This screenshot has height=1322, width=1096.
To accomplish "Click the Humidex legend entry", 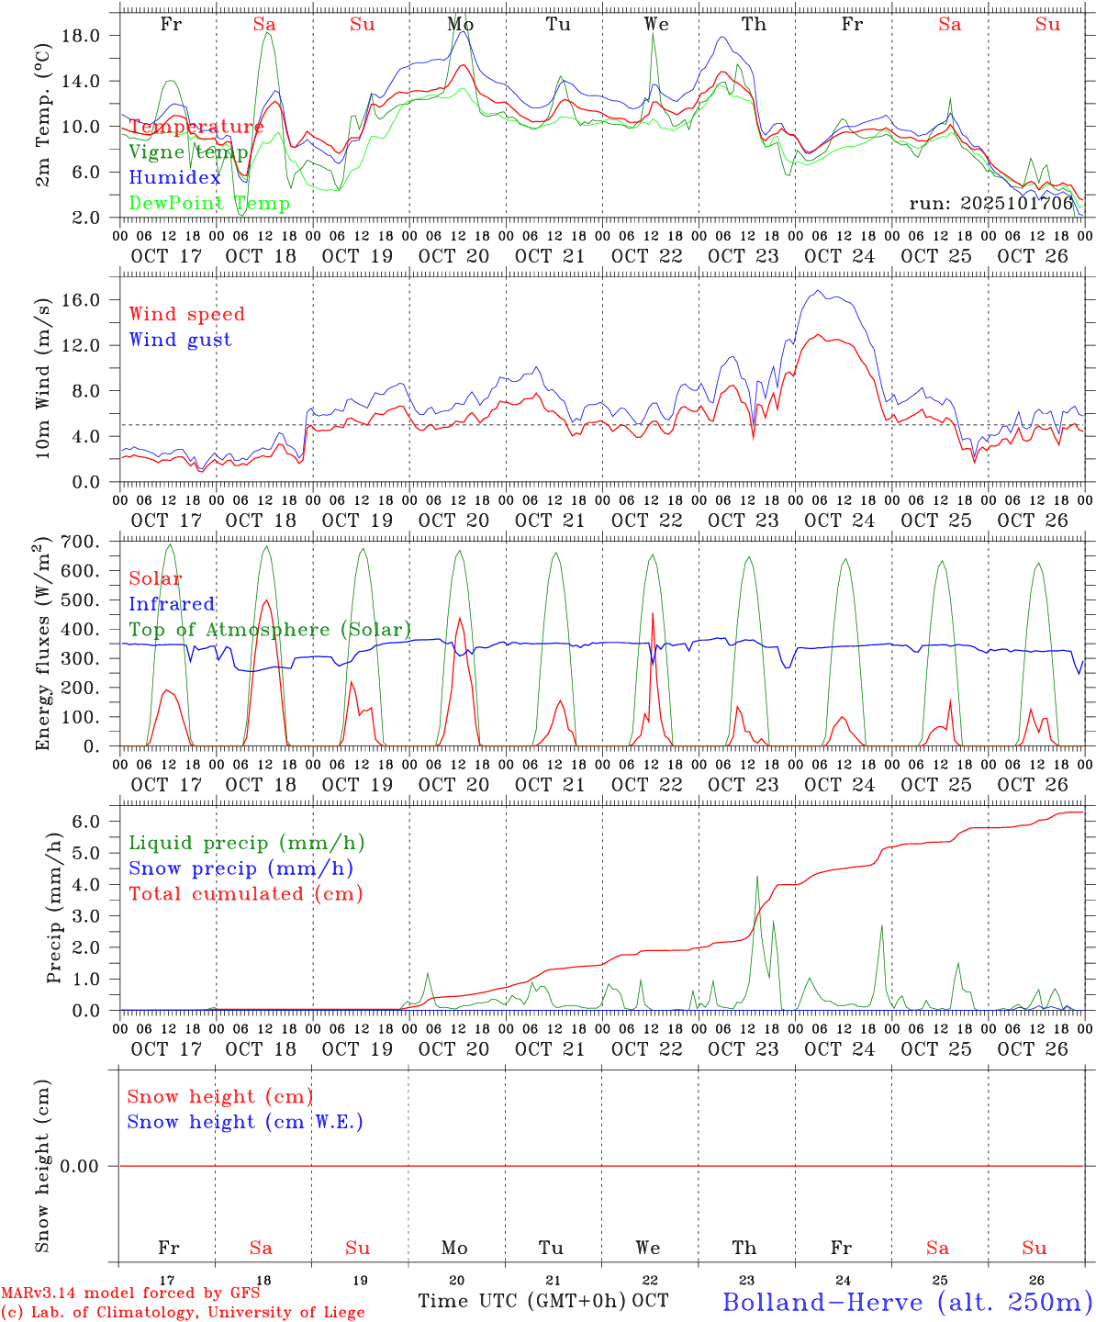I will point(174,178).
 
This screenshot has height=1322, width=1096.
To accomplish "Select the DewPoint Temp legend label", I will point(209,204).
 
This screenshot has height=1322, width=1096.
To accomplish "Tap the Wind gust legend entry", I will point(180,340).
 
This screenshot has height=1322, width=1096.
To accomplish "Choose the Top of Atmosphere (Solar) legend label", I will point(270,630).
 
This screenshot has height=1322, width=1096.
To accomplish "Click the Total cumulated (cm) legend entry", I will point(246,894).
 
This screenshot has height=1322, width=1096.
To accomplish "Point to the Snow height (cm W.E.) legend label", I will point(245,1122).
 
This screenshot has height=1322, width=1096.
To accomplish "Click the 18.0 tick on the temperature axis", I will point(91,36).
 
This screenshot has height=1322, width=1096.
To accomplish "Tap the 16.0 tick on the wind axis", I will point(91,300).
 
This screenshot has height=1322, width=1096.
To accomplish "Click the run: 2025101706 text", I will point(991,204).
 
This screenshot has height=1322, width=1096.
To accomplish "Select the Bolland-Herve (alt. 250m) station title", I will point(907,1302).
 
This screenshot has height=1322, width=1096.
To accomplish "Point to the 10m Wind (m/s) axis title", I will point(42,378).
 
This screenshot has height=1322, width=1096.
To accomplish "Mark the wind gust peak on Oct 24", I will point(816,291).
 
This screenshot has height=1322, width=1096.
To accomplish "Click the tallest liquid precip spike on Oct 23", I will point(757,876).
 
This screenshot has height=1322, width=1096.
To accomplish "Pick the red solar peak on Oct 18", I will point(266,600).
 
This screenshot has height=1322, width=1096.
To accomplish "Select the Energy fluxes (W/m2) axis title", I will point(42,644).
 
